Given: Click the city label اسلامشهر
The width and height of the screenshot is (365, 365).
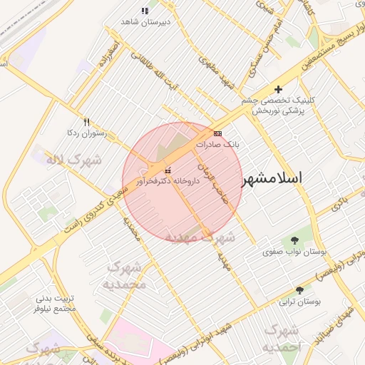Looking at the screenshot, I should point(273,178).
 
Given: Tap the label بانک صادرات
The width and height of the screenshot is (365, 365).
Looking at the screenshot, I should point(217,144).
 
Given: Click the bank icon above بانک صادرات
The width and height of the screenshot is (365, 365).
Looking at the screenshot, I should point(217,133).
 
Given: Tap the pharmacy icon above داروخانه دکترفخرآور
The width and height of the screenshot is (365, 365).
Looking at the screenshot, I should point(168,171).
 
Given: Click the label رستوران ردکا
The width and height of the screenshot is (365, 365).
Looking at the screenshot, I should point(86,133).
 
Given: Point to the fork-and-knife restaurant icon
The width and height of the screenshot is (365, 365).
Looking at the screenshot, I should point(87,122).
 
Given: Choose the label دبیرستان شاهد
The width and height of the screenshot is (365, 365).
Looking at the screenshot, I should point(145,22).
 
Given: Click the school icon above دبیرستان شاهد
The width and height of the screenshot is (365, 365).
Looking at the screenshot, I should point(145,11).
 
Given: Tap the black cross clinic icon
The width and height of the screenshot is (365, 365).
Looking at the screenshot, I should point(278,89).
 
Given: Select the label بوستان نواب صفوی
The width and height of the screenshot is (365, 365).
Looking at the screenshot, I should point(294,252).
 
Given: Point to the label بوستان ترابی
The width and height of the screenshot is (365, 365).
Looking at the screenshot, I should point(299,302).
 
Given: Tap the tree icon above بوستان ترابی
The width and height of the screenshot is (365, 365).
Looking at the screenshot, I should point(299,290).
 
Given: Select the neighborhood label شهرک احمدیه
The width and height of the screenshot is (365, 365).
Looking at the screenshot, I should point(280,339).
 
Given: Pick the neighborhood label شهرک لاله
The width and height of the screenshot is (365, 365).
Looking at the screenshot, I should point(74,159).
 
